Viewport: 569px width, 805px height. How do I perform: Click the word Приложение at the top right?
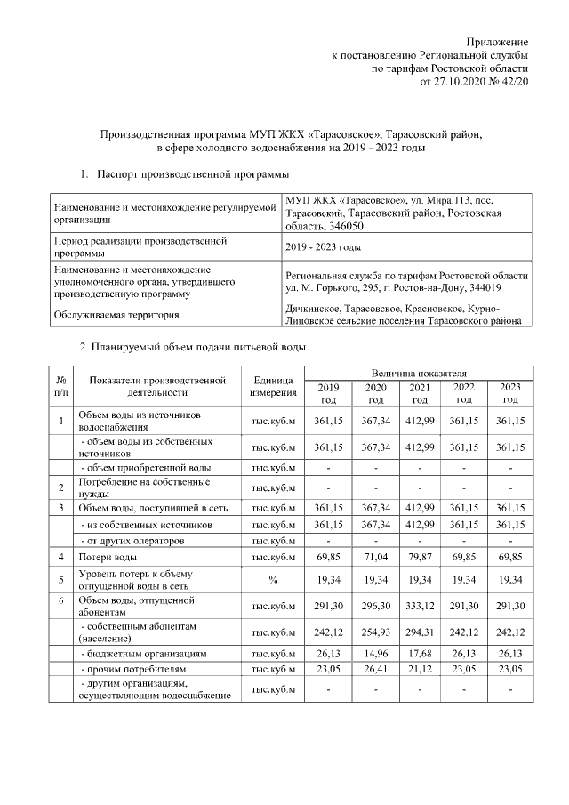coord(498,42)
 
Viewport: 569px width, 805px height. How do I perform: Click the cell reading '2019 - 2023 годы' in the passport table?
coord(324,246)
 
